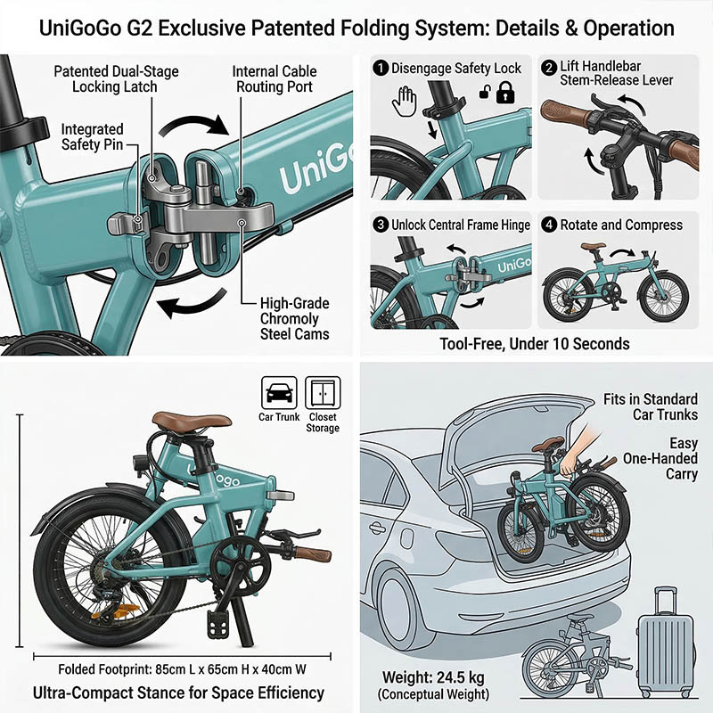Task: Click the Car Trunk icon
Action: click(279, 393)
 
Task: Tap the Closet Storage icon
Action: click(323, 393)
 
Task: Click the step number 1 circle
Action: click(381, 69)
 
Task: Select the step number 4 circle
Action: click(549, 225)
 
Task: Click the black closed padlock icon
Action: click(505, 93)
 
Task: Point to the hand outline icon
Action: click(405, 102)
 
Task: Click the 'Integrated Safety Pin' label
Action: click(93, 137)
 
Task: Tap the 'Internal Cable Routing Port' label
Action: click(275, 79)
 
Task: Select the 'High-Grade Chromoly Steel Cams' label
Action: click(295, 319)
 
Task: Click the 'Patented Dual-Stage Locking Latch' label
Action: click(116, 79)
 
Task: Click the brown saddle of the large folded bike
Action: click(192, 420)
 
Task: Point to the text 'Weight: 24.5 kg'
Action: click(433, 677)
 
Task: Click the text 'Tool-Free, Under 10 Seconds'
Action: click(534, 344)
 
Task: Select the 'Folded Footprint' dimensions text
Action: click(182, 669)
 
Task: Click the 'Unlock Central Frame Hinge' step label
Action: click(461, 225)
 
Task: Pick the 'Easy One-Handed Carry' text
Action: click(660, 458)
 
